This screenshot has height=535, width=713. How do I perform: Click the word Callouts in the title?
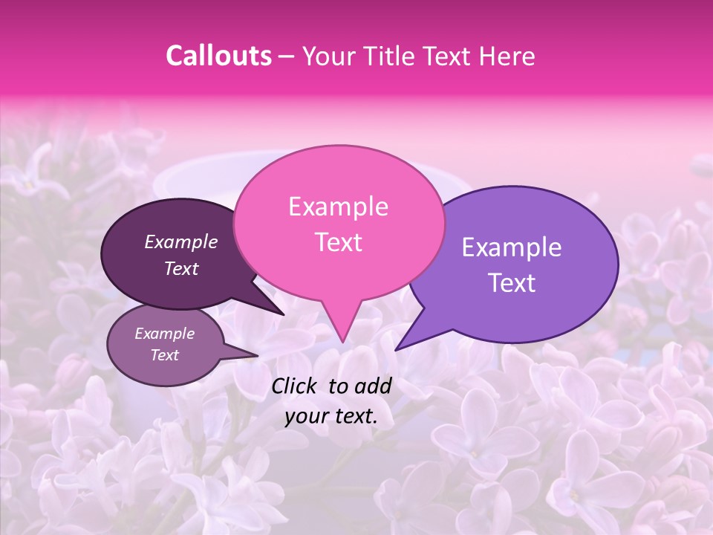tap(218, 56)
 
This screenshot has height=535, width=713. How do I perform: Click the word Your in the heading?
tap(330, 56)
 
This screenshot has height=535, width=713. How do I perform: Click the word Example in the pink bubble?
tap(338, 207)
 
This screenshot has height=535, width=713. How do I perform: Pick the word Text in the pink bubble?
tap(338, 242)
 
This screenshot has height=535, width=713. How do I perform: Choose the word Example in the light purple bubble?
tap(512, 247)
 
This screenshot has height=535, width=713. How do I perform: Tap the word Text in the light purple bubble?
tap(512, 283)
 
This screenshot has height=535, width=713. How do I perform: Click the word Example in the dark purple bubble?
tap(181, 241)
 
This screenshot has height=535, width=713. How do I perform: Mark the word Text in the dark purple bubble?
tap(181, 268)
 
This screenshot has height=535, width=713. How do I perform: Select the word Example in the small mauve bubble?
tap(164, 334)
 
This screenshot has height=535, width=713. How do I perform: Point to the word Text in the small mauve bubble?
tap(164, 355)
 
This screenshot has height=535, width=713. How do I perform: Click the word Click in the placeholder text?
tap(296, 386)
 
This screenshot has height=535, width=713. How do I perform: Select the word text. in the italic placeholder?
tap(354, 416)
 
